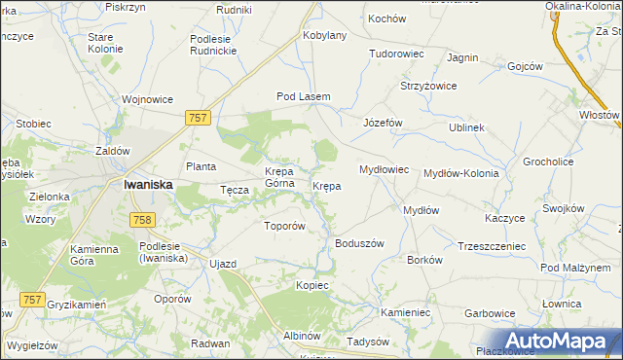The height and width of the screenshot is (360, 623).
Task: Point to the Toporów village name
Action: pos(285,226)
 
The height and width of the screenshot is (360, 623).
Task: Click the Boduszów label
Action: pos(360,243)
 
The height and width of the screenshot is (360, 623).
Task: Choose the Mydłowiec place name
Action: pos(384,169)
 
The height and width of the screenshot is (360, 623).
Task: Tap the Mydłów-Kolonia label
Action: pos(461,173)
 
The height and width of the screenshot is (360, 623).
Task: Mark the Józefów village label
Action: pos(383,124)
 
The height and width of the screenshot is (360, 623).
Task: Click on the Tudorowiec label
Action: pos(396,54)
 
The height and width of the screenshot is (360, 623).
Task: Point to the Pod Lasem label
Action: pos(304,97)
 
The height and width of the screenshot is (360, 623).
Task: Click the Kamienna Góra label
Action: pos(94,256)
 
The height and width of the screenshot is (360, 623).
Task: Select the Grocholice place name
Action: pos(548,162)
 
